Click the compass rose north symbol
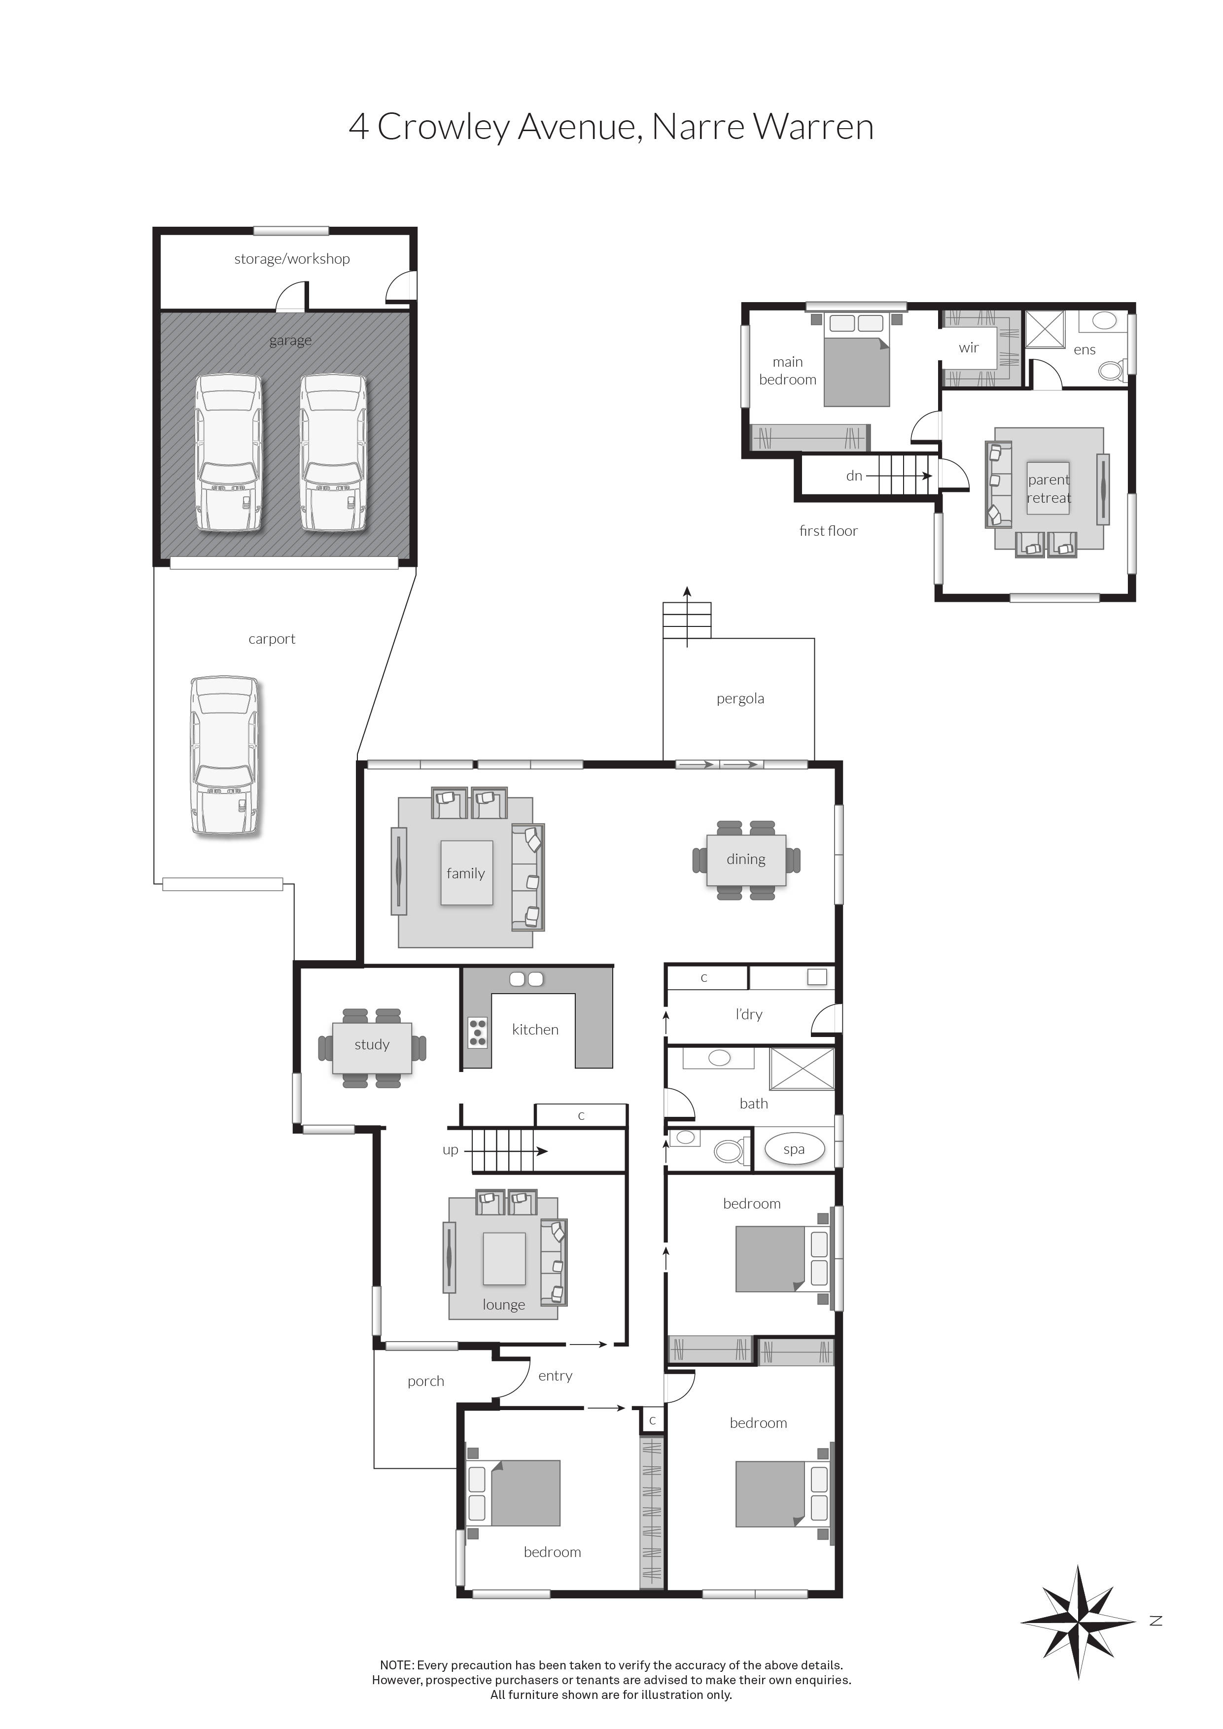coord(1078,1622)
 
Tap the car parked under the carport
coord(224,755)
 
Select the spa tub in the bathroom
coord(794,1149)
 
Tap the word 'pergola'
coord(740,699)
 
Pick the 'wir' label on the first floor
coord(969,348)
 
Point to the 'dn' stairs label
coord(854,476)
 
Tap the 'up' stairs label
coord(451,1150)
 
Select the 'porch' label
coord(425,1381)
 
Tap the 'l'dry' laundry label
coord(749,1014)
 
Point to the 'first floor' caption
coord(828,531)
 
